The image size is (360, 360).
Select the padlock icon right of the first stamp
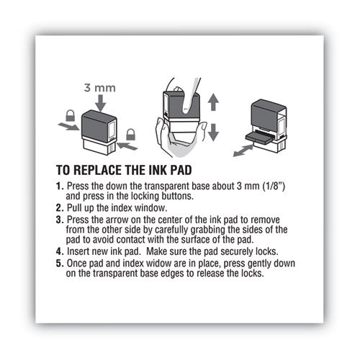point(130,134)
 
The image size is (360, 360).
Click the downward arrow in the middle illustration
point(213,132)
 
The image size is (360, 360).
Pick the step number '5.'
point(60,264)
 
